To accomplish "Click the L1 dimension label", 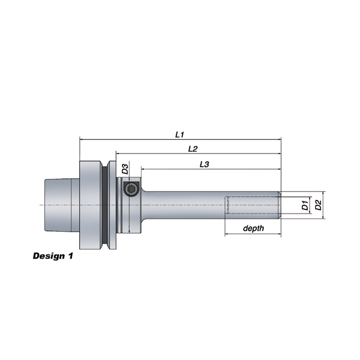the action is (179, 134).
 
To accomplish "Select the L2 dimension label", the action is (193, 149).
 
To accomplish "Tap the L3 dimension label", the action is (205, 164).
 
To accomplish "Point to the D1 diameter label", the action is (305, 205).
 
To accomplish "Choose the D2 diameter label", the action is (318, 205).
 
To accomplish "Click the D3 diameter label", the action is (125, 169).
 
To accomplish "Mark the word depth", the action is (253, 228).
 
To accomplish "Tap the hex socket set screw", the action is (131, 189).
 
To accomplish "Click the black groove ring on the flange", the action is (104, 205).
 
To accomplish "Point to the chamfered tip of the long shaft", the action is (280, 205).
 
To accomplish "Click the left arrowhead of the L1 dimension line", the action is (81, 139).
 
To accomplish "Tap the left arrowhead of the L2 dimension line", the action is (118, 154).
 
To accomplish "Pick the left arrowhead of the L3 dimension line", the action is (143, 169).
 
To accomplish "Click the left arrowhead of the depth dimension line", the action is (227, 234).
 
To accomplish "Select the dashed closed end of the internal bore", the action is (227, 205).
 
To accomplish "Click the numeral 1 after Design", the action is (70, 256).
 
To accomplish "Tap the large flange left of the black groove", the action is (90, 205).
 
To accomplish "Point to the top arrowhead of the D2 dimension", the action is (323, 193).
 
